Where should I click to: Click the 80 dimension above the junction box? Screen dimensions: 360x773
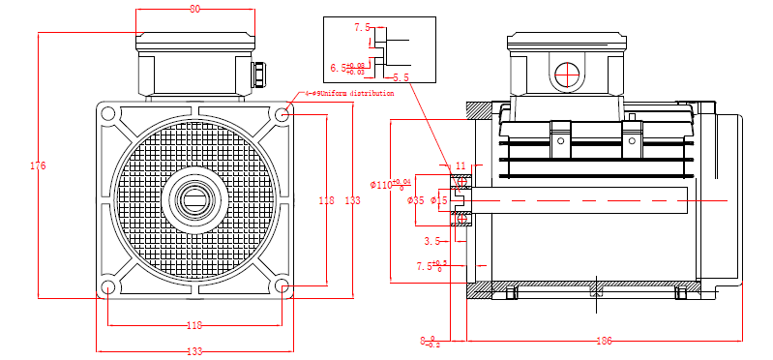pos(194,9)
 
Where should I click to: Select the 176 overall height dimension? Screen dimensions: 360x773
pos(38,165)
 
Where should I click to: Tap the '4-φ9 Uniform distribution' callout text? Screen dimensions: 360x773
pos(349,94)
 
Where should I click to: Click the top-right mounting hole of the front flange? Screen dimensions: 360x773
pos(282,114)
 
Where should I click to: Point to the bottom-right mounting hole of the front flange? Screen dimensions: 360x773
pos(282,287)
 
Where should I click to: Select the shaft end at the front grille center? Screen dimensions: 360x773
pos(194,201)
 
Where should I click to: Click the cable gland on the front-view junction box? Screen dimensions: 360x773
pos(260,74)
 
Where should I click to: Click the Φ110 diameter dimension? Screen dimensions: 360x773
pos(391,183)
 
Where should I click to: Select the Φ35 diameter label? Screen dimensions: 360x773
pos(416,200)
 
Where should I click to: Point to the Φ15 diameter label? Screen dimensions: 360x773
pos(438,200)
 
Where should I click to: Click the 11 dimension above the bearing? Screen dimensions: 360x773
pos(461,166)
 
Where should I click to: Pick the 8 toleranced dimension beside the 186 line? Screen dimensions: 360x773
pos(430,341)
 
